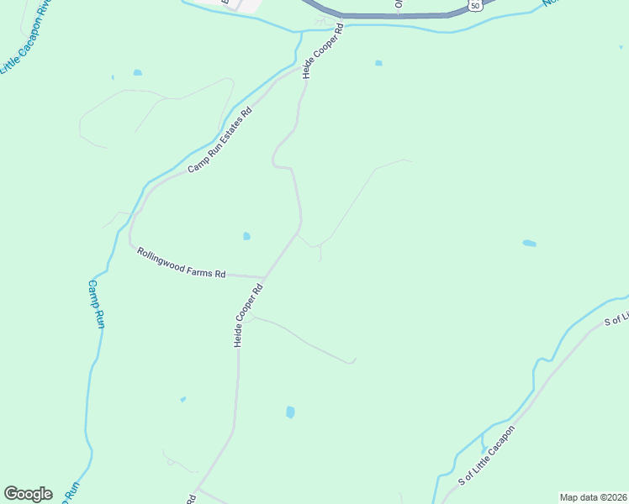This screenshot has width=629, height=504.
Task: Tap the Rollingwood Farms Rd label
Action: click(x=182, y=261)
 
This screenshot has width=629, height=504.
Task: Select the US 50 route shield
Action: click(x=476, y=5)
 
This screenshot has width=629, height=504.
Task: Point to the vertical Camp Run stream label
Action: click(x=95, y=303)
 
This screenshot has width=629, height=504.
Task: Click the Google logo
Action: click(x=28, y=494)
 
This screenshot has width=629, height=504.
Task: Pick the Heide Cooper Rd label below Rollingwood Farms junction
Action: click(x=249, y=316)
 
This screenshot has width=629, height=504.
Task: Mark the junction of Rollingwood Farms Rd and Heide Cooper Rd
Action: click(x=265, y=276)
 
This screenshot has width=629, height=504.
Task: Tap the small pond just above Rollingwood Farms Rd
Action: click(x=246, y=236)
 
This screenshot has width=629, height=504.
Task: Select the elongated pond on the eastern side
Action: click(x=529, y=244)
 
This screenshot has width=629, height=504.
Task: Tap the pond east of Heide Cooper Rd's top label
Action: click(x=378, y=63)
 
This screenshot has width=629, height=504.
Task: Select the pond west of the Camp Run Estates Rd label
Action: click(x=137, y=73)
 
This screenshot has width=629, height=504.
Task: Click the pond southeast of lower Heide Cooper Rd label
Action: click(x=290, y=412)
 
